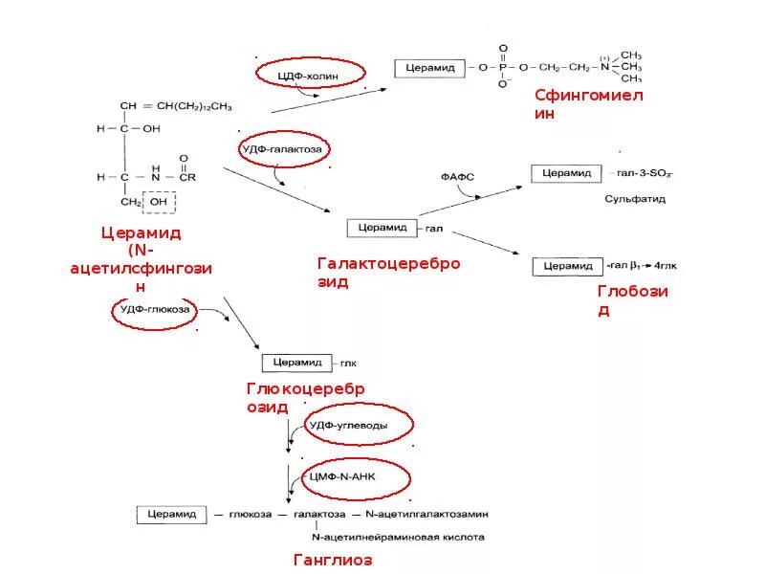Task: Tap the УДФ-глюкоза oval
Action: coord(155,311)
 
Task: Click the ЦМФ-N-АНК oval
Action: coord(357,478)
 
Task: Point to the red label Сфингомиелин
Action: coord(589,104)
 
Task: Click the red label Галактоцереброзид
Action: coord(388,273)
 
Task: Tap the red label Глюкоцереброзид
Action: coord(305,398)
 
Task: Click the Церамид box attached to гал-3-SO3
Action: coord(568,173)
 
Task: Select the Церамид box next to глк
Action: coord(295,363)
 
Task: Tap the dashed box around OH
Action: coord(159,203)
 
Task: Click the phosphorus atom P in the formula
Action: coord(503,68)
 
